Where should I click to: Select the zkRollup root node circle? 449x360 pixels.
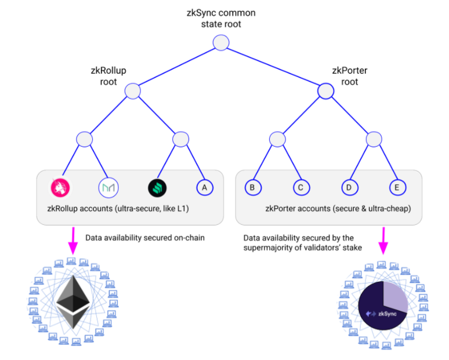click(133, 91)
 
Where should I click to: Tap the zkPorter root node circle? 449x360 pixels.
click(326, 91)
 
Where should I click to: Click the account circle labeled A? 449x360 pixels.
click(204, 187)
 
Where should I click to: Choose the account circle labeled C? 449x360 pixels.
click(300, 187)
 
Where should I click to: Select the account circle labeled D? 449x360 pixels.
click(349, 187)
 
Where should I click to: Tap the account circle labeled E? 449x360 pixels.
click(397, 187)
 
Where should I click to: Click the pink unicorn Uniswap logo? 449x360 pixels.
click(62, 187)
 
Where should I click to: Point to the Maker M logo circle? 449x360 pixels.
click(108, 187)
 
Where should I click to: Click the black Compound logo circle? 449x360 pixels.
click(157, 187)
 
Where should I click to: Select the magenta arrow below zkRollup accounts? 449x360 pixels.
click(73, 240)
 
